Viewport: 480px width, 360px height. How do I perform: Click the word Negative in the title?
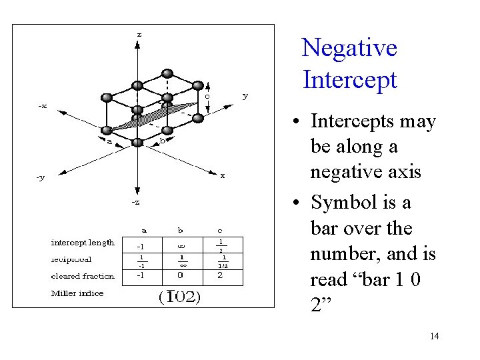point(349,48)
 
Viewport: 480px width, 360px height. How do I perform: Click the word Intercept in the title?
point(349,80)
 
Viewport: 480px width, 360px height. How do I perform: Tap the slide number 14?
point(434,336)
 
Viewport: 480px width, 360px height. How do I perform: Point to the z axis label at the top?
point(139,34)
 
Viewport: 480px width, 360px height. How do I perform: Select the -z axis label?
point(135,202)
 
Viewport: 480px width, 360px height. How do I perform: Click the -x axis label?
point(41,105)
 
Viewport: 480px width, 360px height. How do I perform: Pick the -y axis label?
point(40,177)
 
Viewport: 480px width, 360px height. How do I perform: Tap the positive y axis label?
point(245,96)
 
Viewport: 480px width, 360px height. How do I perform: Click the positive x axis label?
point(223,176)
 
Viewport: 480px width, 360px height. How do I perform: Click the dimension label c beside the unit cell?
point(207,96)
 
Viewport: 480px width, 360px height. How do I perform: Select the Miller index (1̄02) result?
point(180,296)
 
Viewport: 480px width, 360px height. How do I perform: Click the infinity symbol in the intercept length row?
point(180,245)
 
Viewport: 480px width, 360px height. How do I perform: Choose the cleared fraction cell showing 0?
point(180,275)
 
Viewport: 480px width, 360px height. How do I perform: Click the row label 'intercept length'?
point(83,242)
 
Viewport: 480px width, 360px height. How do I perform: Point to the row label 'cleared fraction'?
point(83,276)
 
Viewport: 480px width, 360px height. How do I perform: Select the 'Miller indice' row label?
point(77,293)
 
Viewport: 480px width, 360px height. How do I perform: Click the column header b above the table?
point(180,230)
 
